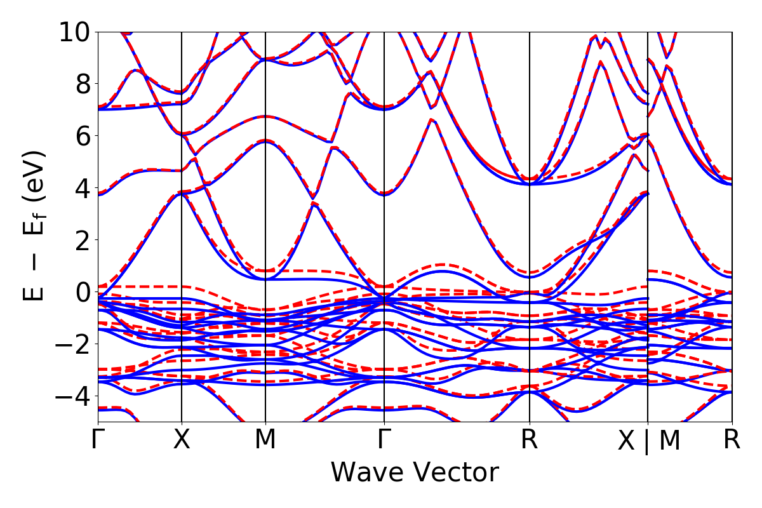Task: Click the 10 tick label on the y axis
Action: [75, 31]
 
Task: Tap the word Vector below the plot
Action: [453, 473]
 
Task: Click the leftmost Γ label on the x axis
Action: [98, 440]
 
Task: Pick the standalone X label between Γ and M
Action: [182, 440]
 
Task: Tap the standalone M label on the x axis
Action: [265, 440]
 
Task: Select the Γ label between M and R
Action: [384, 440]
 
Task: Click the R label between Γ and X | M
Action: [530, 440]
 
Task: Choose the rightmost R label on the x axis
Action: [732, 440]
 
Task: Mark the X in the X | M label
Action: [627, 441]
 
